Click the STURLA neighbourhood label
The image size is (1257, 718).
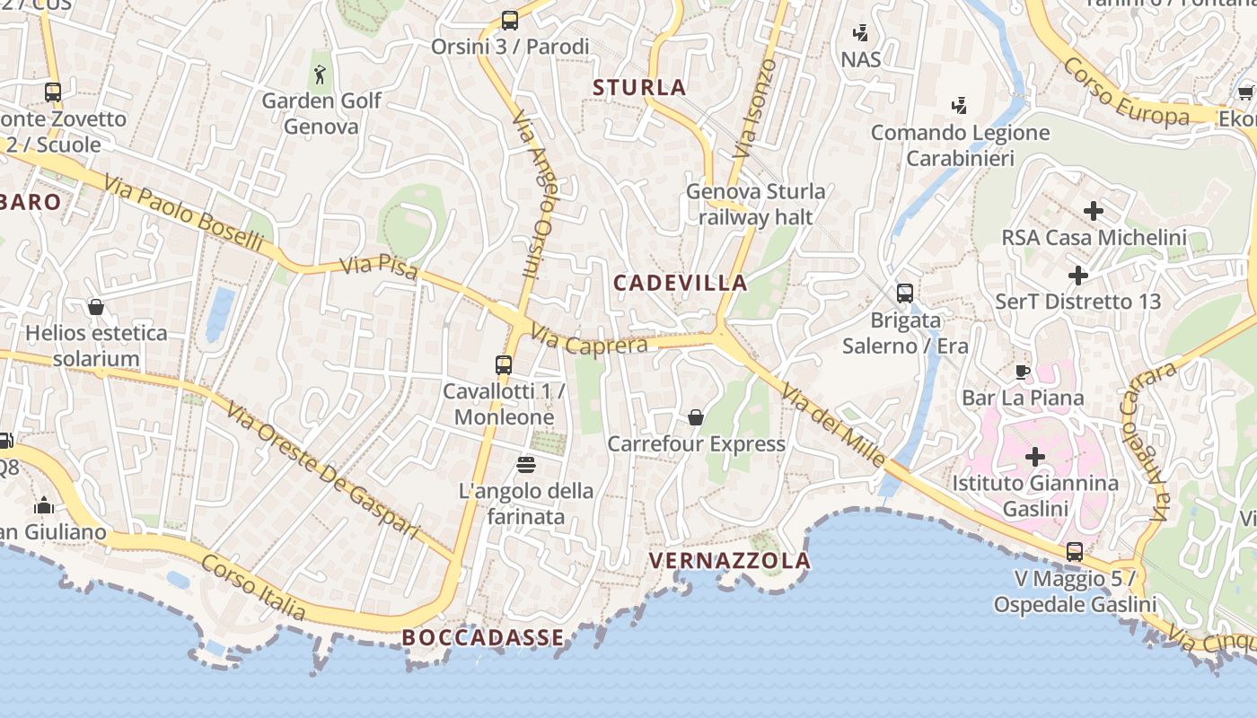(x=639, y=87)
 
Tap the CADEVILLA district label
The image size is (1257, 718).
(x=680, y=283)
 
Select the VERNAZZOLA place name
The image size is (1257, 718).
(x=729, y=561)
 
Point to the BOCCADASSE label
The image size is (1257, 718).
(x=483, y=637)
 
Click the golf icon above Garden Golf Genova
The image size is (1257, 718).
(x=321, y=74)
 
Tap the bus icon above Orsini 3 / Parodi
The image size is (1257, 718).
(x=510, y=20)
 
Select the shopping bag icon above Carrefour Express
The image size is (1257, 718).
(x=696, y=417)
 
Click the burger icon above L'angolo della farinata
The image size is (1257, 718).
(x=526, y=464)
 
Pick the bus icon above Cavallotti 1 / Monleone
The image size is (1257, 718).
(x=504, y=364)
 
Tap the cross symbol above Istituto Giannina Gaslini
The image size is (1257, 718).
(x=1035, y=456)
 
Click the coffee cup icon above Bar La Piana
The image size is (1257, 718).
(x=1022, y=372)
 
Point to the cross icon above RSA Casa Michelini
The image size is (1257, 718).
(x=1094, y=211)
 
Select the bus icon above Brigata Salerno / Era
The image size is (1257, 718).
(x=905, y=293)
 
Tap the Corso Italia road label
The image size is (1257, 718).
(x=253, y=588)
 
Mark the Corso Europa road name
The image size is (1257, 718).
(x=1126, y=92)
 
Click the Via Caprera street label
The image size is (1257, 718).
(x=589, y=339)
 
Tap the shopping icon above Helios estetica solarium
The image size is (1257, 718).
(x=96, y=307)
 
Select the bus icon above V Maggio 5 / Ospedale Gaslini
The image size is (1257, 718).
(x=1075, y=551)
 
